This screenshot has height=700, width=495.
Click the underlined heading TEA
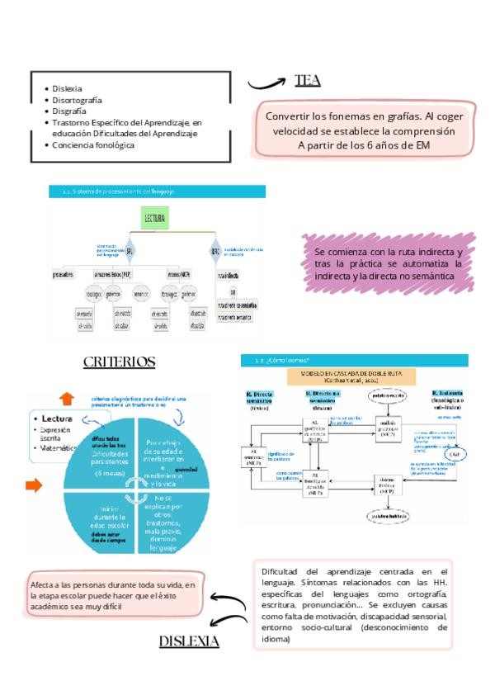click(x=307, y=80)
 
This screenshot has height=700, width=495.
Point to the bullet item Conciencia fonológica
click(x=93, y=144)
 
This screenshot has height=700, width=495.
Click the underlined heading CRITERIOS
click(x=120, y=362)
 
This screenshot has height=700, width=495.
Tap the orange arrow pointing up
click(x=67, y=399)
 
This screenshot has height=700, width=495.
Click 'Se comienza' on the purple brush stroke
click(x=342, y=250)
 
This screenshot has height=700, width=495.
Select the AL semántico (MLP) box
click(x=254, y=456)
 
